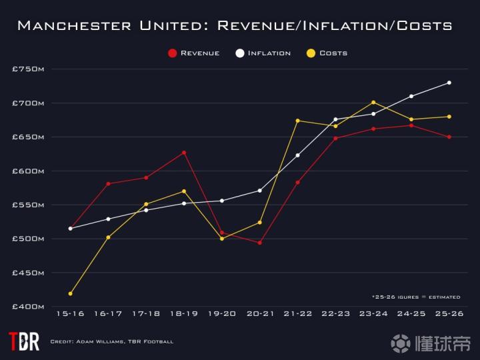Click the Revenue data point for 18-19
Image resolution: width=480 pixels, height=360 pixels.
click(184, 153)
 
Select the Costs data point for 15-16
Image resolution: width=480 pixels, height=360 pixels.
click(70, 293)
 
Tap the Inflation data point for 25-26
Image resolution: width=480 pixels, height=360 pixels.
click(449, 83)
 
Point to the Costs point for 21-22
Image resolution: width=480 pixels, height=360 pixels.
click(297, 121)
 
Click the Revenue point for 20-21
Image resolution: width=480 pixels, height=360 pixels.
click(259, 243)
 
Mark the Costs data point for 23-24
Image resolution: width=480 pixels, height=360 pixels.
click(373, 102)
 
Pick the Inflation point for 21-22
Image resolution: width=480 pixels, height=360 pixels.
click(297, 155)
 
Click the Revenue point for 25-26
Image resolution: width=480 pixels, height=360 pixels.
click(449, 137)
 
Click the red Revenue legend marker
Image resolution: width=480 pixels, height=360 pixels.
click(173, 53)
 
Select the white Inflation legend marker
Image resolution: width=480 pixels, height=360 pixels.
click(239, 53)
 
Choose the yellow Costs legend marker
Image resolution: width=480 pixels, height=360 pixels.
click(311, 53)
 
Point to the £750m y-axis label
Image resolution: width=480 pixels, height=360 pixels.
click(28, 69)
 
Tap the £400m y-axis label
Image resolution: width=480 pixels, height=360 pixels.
click(28, 307)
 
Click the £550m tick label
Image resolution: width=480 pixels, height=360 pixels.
click(28, 205)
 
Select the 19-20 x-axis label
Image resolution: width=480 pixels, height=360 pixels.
click(221, 313)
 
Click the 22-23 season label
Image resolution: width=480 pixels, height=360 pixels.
click(335, 313)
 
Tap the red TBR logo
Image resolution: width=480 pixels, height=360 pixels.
click(23, 341)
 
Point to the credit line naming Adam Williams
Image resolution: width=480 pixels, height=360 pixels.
click(112, 342)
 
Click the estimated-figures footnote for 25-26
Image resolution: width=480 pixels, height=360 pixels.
click(416, 297)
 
